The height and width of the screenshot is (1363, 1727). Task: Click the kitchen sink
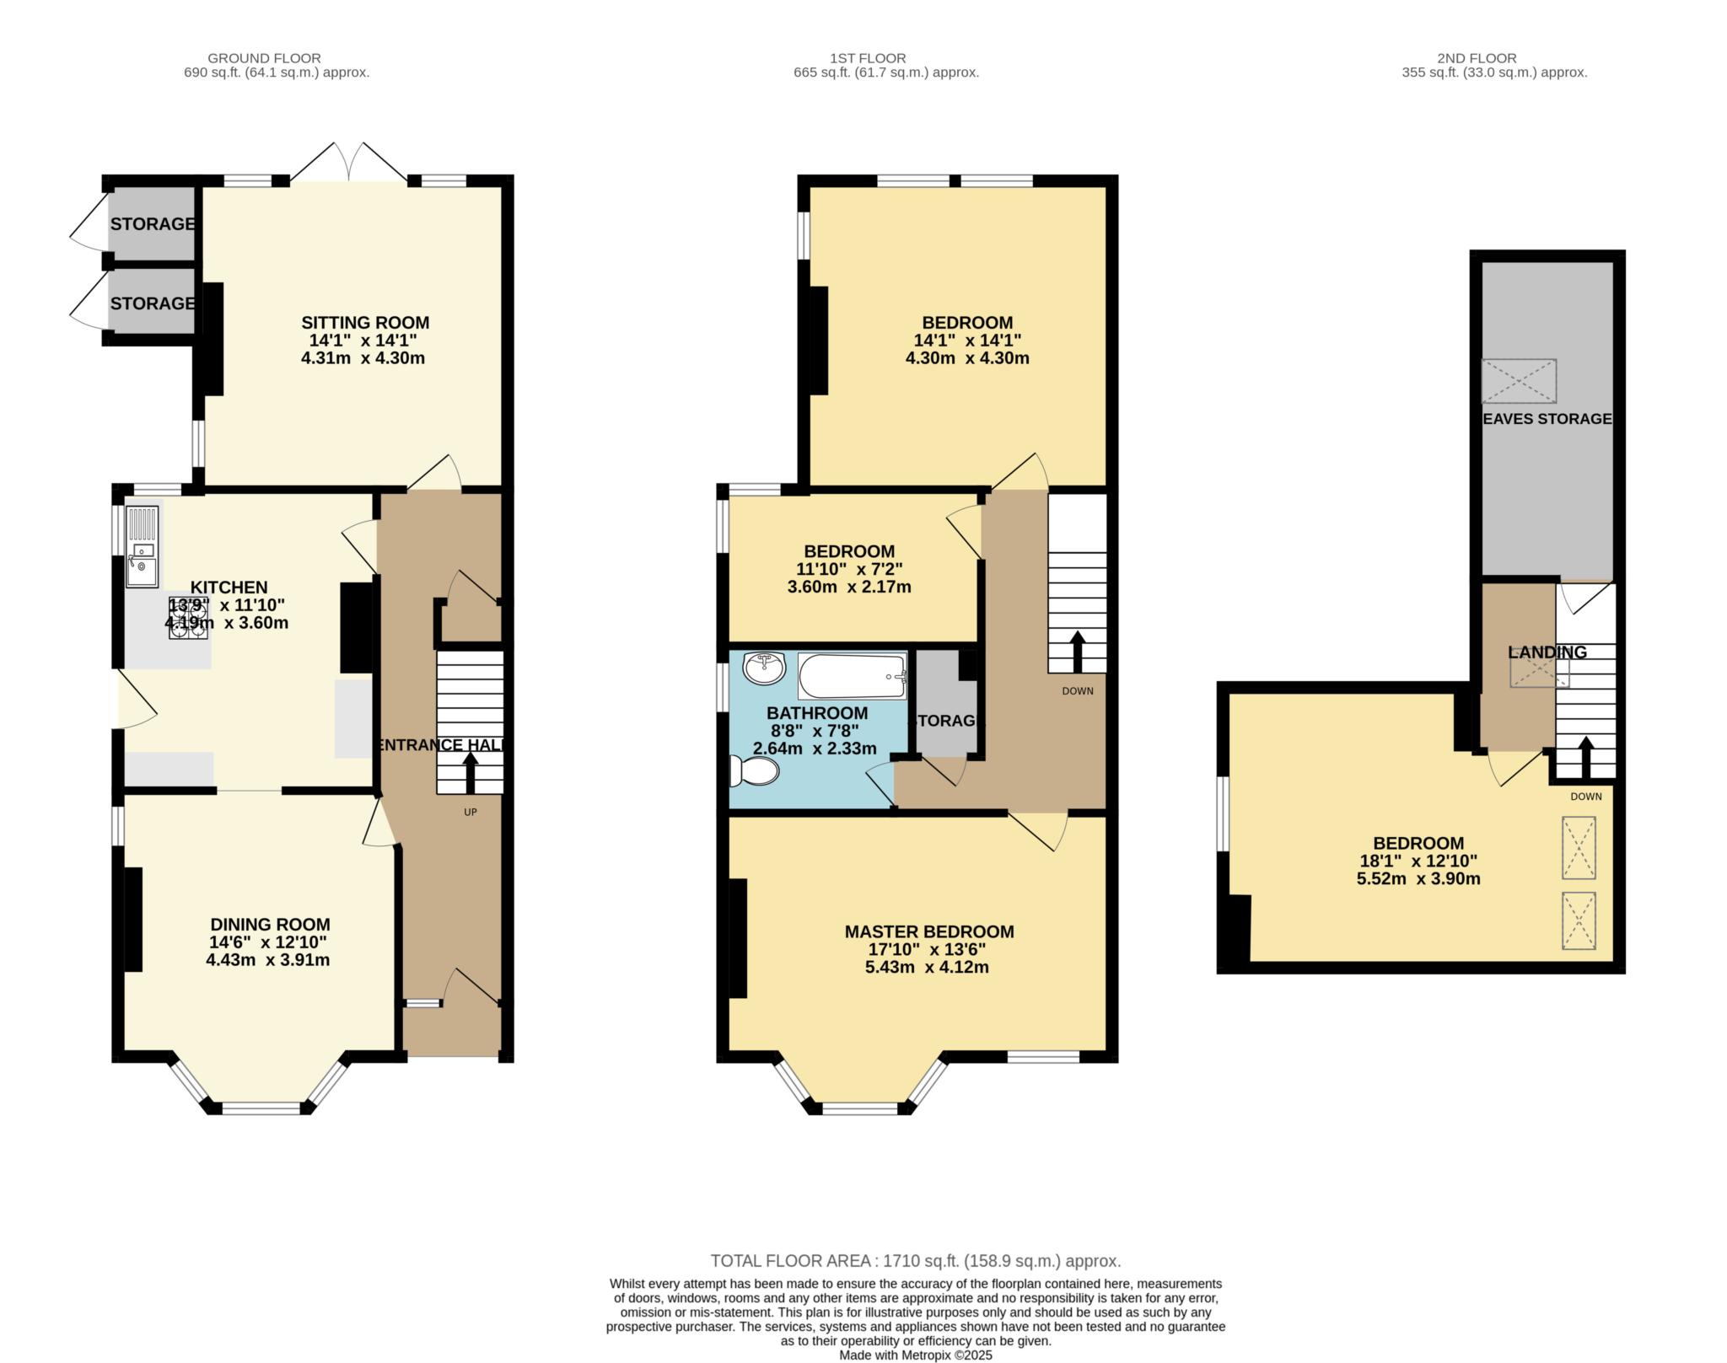(142, 545)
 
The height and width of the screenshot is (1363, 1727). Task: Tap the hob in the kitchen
(190, 619)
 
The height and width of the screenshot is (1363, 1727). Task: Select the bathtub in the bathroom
(852, 676)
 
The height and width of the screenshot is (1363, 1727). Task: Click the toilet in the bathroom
(754, 770)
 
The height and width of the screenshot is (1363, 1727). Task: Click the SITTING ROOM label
(365, 323)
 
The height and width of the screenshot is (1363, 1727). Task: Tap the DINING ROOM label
(270, 925)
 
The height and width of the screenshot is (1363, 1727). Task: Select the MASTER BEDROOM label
(929, 931)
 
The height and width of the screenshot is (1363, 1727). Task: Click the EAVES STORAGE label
(1547, 419)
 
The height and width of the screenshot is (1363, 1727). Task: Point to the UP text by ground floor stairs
(471, 813)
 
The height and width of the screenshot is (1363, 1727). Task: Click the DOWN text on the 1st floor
(1078, 691)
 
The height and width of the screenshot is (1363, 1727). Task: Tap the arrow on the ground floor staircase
(470, 772)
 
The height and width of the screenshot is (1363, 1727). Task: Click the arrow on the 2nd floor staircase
(1585, 757)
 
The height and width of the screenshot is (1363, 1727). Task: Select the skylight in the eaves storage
(1519, 381)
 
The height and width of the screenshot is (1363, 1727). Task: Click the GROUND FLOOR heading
(264, 58)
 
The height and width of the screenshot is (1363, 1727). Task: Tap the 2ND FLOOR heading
(1477, 58)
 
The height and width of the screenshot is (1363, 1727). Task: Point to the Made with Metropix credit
(916, 1355)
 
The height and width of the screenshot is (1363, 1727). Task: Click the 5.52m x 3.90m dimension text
(1418, 878)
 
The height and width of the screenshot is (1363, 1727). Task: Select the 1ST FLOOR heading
(868, 58)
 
